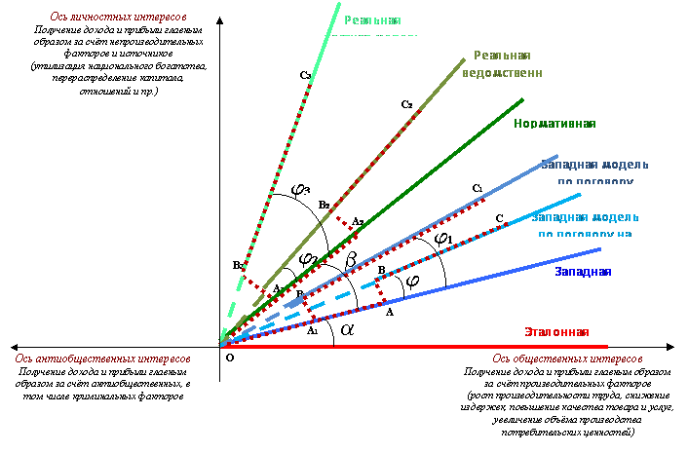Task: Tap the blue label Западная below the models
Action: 583,271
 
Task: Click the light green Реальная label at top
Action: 370,21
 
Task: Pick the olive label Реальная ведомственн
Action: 508,64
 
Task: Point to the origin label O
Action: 230,358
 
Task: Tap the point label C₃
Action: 306,74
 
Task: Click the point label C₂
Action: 406,103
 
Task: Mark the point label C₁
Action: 477,187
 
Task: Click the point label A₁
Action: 313,331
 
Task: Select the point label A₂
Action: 358,221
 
